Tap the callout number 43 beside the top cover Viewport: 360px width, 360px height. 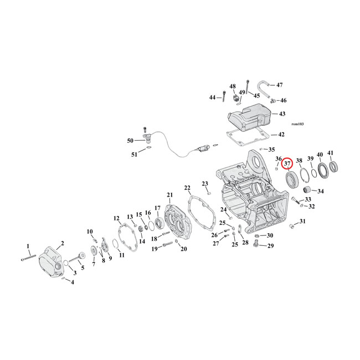click(x=282, y=114)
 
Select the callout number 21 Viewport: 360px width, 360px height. click(x=170, y=194)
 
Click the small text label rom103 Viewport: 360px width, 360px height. click(x=298, y=124)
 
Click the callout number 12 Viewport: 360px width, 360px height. click(x=116, y=218)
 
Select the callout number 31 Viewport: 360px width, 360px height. click(x=302, y=222)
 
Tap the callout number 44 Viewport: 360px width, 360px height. click(x=213, y=97)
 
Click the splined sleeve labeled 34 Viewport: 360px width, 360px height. click(x=304, y=192)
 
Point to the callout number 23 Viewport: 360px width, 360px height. click(x=204, y=183)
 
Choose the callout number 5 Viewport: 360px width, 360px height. click(x=83, y=268)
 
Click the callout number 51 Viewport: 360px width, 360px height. click(x=133, y=155)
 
